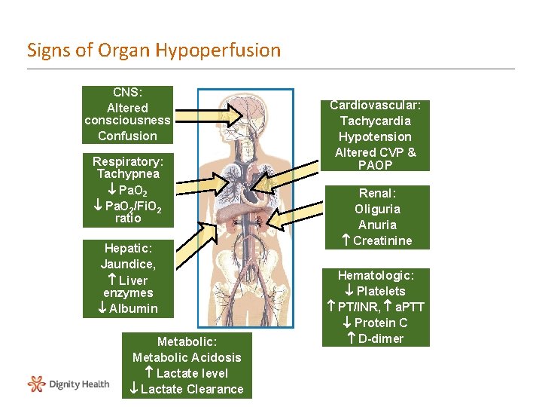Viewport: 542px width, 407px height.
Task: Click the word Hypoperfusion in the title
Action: [218, 50]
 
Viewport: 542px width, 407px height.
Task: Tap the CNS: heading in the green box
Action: [127, 92]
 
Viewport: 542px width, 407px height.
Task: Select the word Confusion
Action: [127, 136]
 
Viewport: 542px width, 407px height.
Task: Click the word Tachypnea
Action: [127, 174]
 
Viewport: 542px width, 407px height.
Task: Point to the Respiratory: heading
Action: [127, 161]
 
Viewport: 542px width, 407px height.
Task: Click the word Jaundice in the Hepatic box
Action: [127, 264]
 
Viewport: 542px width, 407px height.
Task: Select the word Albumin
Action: [133, 308]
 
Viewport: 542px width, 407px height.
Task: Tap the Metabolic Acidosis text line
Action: [187, 357]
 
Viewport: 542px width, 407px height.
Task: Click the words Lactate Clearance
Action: [192, 389]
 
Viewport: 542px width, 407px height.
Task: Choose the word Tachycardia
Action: [375, 121]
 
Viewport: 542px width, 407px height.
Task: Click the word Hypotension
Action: [375, 136]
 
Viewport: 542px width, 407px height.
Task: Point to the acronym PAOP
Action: [375, 165]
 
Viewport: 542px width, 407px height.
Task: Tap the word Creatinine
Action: [382, 240]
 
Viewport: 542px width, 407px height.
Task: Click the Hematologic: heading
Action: [375, 275]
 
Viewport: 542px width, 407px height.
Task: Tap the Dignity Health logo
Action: [68, 384]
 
